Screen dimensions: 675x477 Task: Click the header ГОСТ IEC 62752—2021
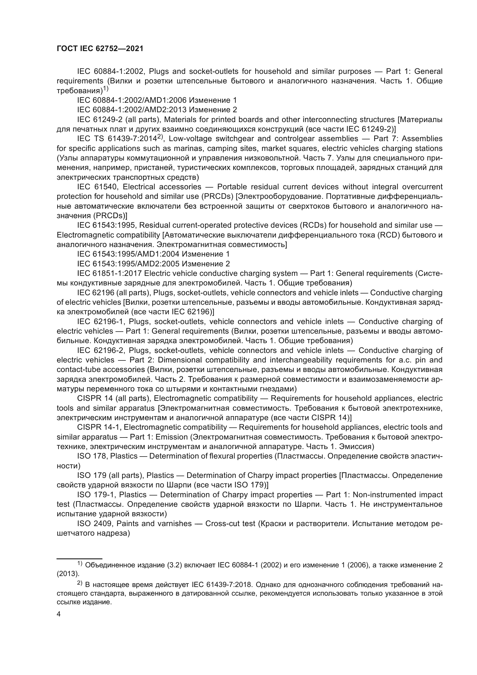(x=100, y=49)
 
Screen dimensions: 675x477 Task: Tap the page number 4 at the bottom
(x=59, y=614)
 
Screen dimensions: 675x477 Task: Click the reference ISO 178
(x=91, y=456)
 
